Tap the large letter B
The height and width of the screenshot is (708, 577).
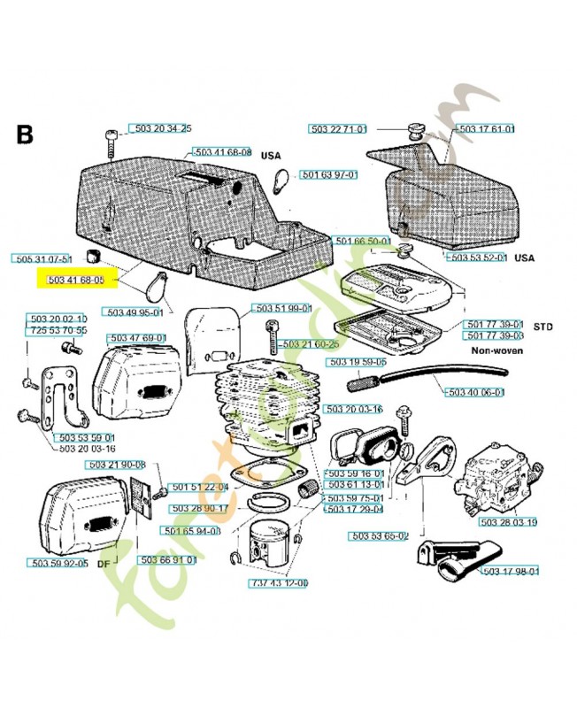[25, 135]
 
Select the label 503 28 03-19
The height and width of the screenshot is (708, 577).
[508, 522]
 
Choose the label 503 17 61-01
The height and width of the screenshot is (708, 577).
[487, 129]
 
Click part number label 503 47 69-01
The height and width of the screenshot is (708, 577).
[136, 338]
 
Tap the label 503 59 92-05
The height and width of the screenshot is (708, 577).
[58, 563]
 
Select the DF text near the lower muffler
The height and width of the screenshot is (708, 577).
[104, 563]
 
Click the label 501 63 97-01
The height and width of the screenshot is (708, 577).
[328, 175]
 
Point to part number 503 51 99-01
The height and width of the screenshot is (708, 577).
[282, 308]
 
